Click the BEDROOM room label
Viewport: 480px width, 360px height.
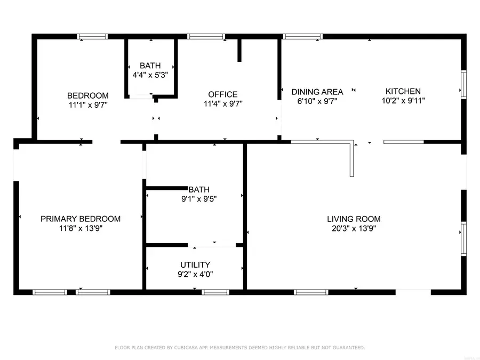click(x=87, y=95)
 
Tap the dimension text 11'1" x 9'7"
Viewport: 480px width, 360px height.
click(x=87, y=105)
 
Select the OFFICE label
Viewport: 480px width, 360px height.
click(x=222, y=94)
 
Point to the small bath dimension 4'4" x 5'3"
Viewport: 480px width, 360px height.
click(x=150, y=75)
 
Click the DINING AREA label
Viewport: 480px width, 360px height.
click(x=317, y=91)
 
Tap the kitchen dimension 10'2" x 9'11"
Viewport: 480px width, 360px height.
click(x=403, y=100)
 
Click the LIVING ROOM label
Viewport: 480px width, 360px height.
click(x=354, y=219)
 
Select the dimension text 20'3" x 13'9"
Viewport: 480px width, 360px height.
click(x=354, y=228)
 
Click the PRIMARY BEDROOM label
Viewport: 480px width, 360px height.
click(x=81, y=219)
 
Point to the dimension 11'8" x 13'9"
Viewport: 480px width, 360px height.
click(x=81, y=228)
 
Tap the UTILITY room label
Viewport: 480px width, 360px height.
click(x=195, y=265)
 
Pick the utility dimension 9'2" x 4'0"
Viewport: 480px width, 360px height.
click(x=195, y=274)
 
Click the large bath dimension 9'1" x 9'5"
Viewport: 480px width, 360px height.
click(x=198, y=199)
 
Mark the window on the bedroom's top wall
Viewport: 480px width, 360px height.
click(x=92, y=37)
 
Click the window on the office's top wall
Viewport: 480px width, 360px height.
click(x=206, y=37)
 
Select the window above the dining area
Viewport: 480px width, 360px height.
click(x=302, y=37)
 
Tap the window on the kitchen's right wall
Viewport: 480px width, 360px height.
click(x=463, y=85)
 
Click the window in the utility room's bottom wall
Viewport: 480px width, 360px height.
click(x=215, y=292)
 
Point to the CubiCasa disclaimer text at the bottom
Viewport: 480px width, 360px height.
click(x=240, y=348)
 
